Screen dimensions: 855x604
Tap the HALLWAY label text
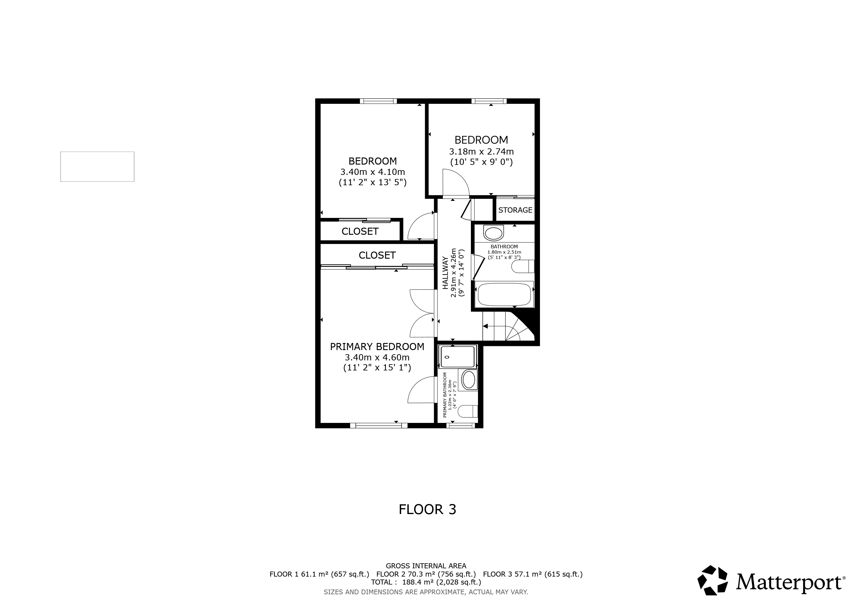pos(446,273)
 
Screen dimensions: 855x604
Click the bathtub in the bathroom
pos(504,294)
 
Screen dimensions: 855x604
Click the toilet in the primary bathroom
pos(467,411)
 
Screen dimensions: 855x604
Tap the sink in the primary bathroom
pos(469,380)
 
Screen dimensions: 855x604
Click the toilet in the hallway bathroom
pos(523,266)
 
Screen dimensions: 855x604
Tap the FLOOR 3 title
pos(427,510)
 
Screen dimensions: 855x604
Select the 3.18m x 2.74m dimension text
pos(481,152)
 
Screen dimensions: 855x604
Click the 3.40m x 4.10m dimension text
pos(372,172)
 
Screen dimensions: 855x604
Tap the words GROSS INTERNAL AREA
pos(426,566)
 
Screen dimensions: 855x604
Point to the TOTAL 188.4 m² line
pos(426,582)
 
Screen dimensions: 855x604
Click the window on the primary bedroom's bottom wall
pos(381,426)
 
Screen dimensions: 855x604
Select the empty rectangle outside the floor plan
pos(97,167)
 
